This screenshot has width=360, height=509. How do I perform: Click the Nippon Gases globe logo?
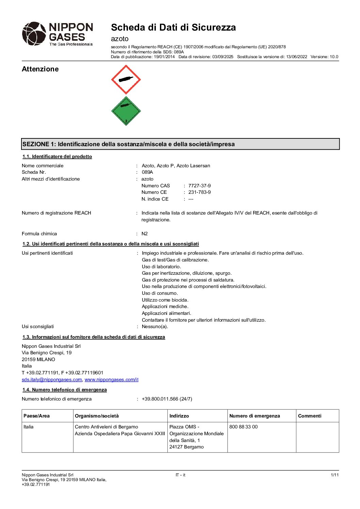tap(34, 34)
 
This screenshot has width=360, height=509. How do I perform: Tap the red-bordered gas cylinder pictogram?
tap(126, 80)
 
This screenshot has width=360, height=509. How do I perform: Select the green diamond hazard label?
tap(126, 111)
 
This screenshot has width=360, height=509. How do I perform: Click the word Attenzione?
tap(40, 69)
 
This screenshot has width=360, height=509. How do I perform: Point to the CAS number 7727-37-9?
tap(199, 186)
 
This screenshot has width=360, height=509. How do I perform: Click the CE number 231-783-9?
tap(199, 192)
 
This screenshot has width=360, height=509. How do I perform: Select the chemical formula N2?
tap(145, 234)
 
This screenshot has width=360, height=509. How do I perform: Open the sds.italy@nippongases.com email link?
tap(52, 379)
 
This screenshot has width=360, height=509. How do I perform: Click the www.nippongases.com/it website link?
tap(112, 379)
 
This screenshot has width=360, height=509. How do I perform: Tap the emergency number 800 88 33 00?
tap(243, 427)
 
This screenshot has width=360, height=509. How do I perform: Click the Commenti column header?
tap(310, 416)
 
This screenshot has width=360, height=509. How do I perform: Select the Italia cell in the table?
tap(29, 427)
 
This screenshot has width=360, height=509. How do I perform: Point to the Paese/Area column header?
tap(36, 416)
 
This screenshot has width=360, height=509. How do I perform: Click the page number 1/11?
tap(334, 475)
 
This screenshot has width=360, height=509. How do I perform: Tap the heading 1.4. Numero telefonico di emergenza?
tap(65, 390)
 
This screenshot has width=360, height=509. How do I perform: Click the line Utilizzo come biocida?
tap(165, 300)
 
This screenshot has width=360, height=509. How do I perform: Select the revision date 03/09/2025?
tap(223, 57)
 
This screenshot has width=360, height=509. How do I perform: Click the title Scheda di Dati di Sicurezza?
tap(173, 27)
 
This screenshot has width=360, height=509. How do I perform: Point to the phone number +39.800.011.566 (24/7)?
tap(167, 399)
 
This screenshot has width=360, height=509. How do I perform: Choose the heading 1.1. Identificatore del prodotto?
tap(57, 156)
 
